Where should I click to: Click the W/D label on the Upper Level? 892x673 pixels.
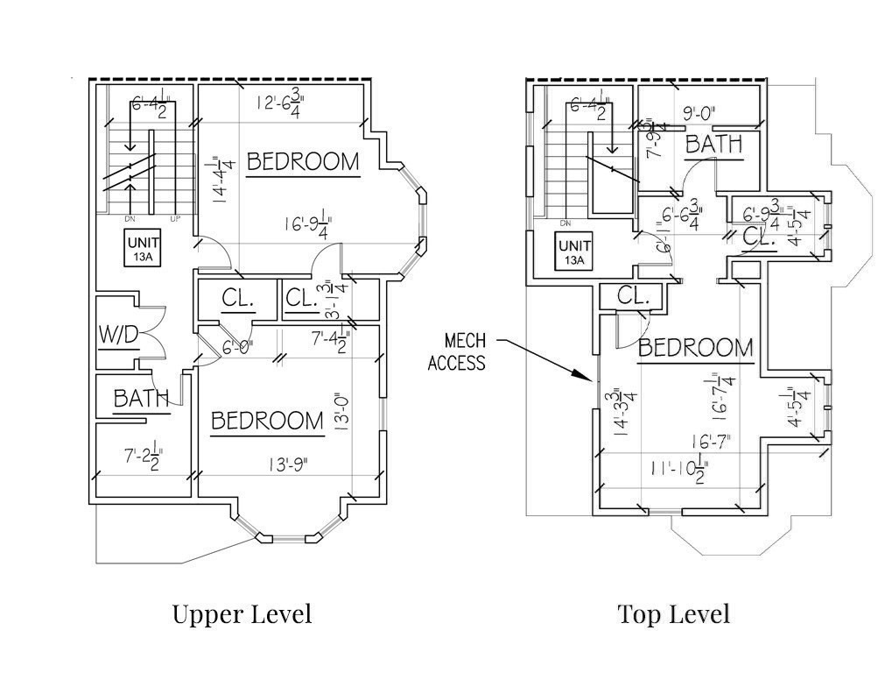116,335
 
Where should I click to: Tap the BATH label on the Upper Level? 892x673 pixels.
141,399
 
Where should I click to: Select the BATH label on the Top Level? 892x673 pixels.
713,144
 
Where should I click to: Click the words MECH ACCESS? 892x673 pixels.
456,351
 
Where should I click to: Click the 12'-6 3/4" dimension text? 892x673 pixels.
277,103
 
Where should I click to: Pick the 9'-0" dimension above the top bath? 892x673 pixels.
699,112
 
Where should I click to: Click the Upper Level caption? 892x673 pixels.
242,613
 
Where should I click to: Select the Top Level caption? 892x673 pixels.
673,613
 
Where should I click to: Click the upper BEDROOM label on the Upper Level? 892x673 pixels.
303,161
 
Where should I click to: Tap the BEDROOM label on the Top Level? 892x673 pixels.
695,348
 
